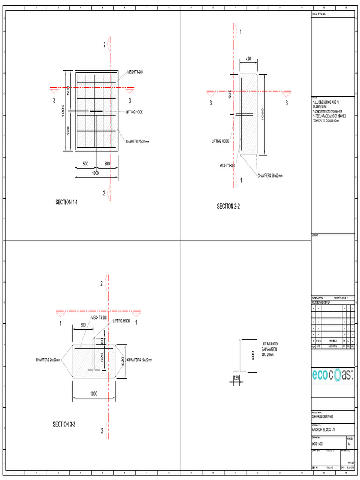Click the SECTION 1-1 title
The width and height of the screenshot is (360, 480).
(66, 202)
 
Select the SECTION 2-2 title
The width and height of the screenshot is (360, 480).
(228, 206)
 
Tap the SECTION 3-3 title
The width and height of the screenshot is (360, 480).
(64, 424)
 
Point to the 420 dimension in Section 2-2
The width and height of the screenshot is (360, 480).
(248, 59)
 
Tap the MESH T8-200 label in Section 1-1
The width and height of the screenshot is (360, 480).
(135, 72)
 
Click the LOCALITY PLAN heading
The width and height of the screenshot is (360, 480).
(318, 15)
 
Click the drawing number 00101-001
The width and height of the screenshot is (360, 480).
(318, 443)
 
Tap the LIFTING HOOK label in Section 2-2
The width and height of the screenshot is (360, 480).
(220, 141)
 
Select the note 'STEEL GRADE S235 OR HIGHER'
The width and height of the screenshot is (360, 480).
(330, 115)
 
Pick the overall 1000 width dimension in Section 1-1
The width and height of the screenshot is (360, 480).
(96, 173)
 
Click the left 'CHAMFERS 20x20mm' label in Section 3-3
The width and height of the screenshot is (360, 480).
(48, 360)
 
